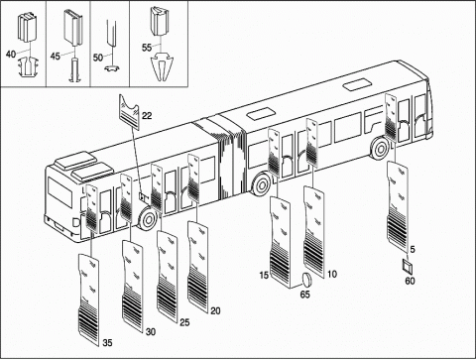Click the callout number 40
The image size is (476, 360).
[x=11, y=54]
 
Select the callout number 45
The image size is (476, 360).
[x=56, y=57]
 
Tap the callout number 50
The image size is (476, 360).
[x=98, y=58]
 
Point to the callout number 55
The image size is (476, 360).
[x=147, y=48]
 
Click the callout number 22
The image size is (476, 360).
[x=147, y=116]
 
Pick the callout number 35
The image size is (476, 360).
[x=107, y=343]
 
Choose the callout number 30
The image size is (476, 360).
[x=151, y=331]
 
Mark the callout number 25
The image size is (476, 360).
[x=184, y=322]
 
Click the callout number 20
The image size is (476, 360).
[x=215, y=310]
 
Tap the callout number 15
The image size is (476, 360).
[x=264, y=275]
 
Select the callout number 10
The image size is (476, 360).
[x=332, y=274]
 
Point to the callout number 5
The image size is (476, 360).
[x=413, y=249]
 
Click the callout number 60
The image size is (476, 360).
[x=410, y=281]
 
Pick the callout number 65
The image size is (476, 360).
[x=304, y=294]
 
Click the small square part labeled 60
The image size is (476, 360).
[x=407, y=266]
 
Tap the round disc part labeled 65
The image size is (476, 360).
[x=306, y=280]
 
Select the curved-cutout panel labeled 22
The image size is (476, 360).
[x=129, y=111]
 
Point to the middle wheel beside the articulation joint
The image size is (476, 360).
[x=263, y=185]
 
